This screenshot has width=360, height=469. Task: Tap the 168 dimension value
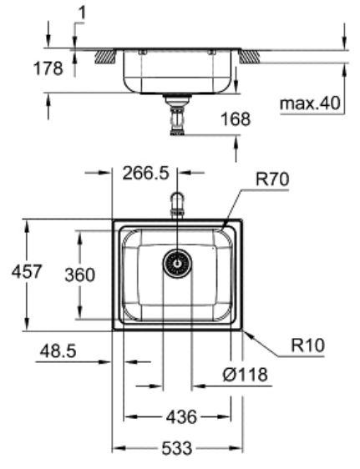(x=236, y=120)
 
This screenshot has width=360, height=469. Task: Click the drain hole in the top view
(x=177, y=264)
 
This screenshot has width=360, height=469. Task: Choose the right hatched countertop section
(x=251, y=57)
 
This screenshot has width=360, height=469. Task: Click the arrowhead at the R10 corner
(x=246, y=331)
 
